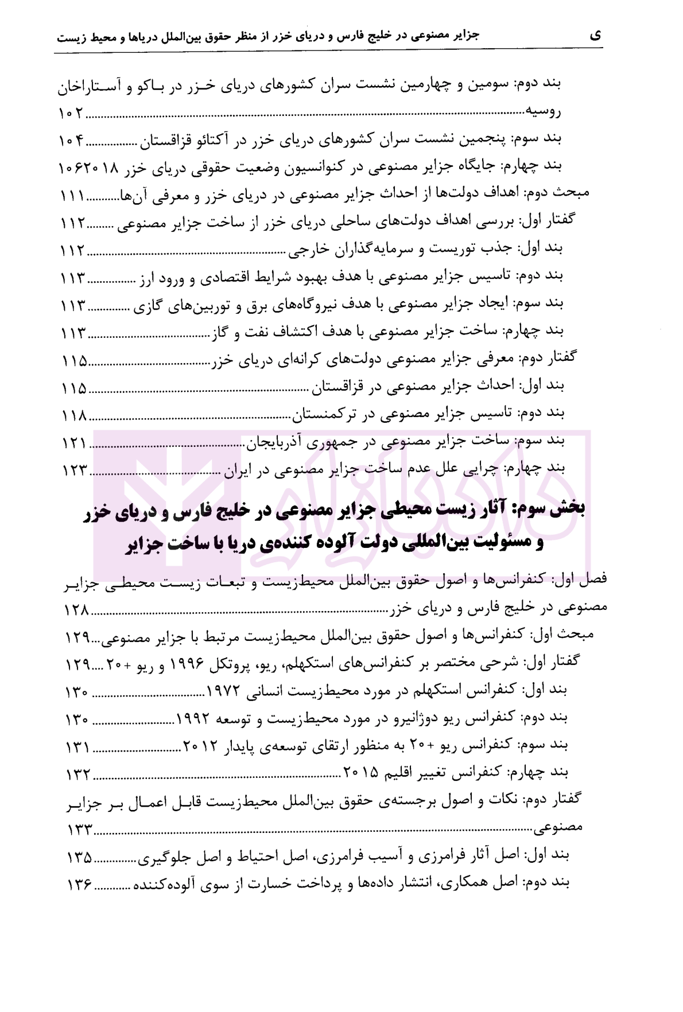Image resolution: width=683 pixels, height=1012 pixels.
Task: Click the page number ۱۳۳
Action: [78, 830]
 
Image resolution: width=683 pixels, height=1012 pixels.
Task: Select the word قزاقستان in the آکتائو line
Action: [165, 140]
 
